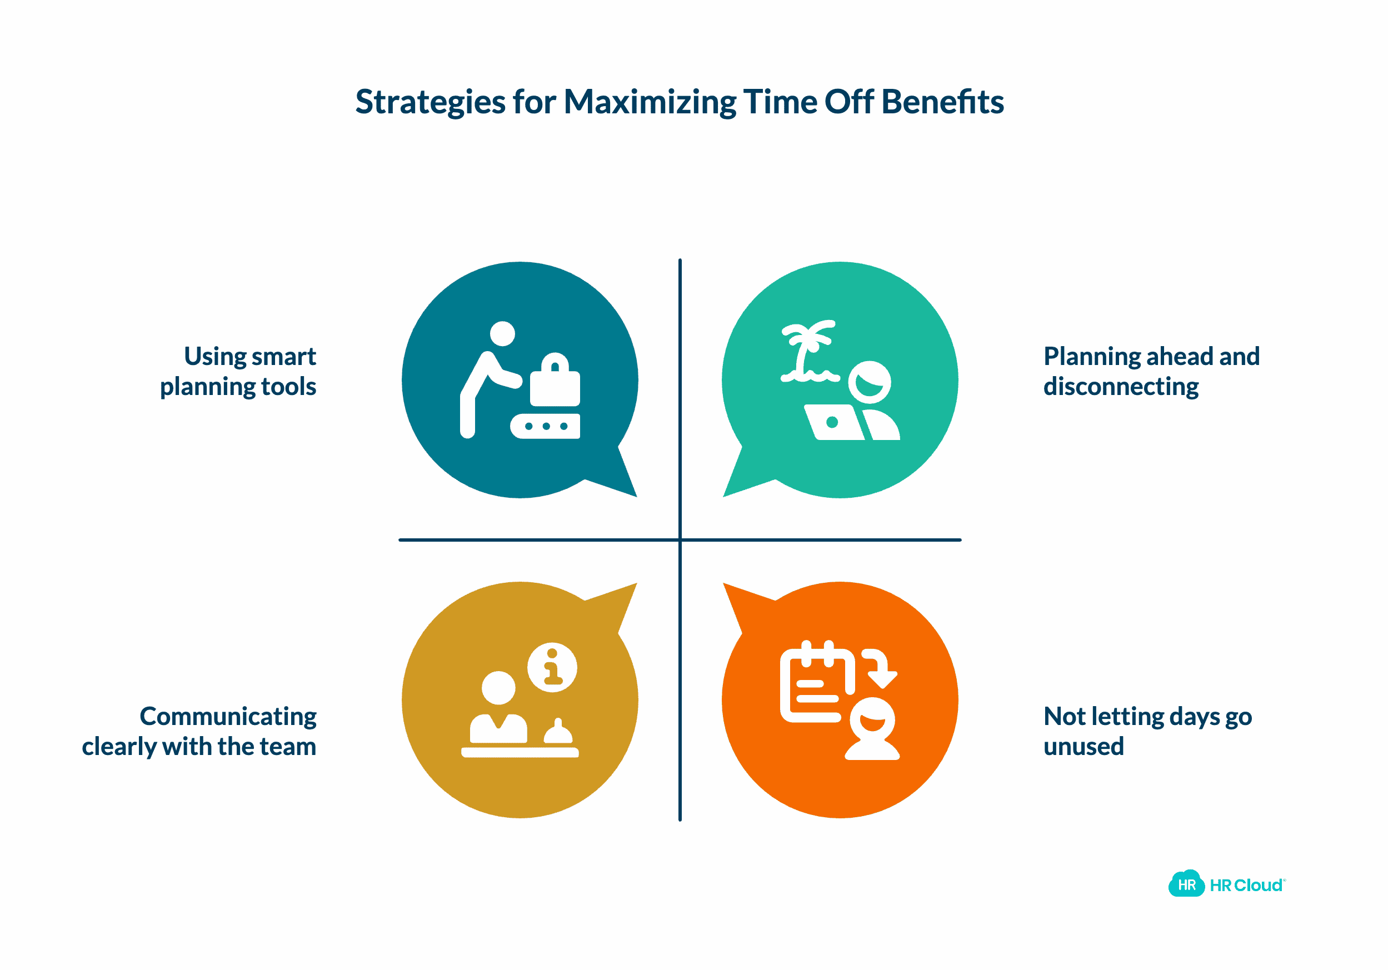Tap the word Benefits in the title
pyautogui.click(x=942, y=102)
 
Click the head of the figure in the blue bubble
pyautogui.click(x=502, y=333)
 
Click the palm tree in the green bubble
pyautogui.click(x=807, y=351)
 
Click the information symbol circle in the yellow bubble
pyautogui.click(x=552, y=667)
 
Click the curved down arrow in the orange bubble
pyautogui.click(x=881, y=668)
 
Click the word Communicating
pyautogui.click(x=228, y=717)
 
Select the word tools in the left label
pyautogui.click(x=289, y=387)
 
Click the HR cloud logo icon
pyautogui.click(x=1186, y=885)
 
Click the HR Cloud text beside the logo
pyautogui.click(x=1246, y=886)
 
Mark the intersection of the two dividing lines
pyautogui.click(x=680, y=539)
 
